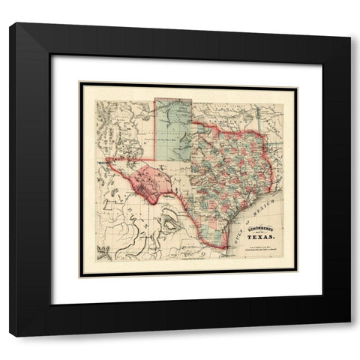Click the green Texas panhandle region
coord(173,127)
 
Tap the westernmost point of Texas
coord(106,159)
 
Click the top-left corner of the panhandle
coord(155,98)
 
